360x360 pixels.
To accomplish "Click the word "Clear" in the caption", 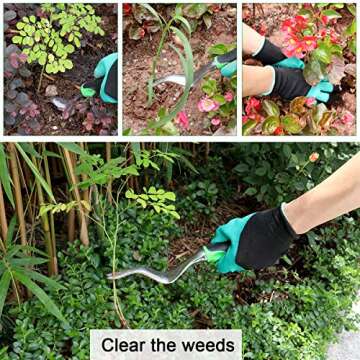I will [125, 346].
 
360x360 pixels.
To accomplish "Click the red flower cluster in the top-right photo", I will [305, 30].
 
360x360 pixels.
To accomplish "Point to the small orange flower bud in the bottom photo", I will [313, 157].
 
